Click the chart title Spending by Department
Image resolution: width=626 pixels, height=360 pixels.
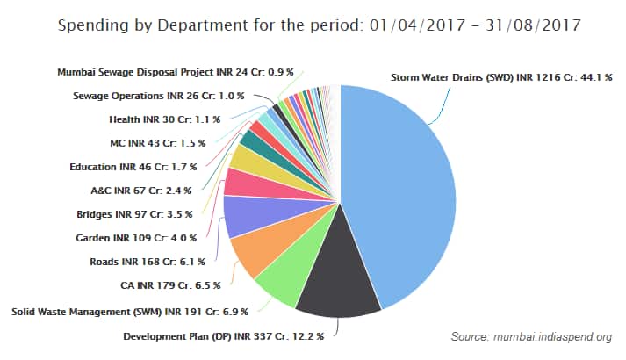tap(319, 25)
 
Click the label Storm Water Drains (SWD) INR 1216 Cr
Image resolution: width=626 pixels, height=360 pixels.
tap(500, 77)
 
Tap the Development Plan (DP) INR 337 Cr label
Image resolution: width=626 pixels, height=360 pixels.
tap(223, 335)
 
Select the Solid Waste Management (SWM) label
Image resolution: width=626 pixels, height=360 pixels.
tap(129, 311)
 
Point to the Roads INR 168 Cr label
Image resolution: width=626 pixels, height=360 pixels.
tap(147, 261)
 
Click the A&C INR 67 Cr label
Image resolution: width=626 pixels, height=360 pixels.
tap(148, 190)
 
